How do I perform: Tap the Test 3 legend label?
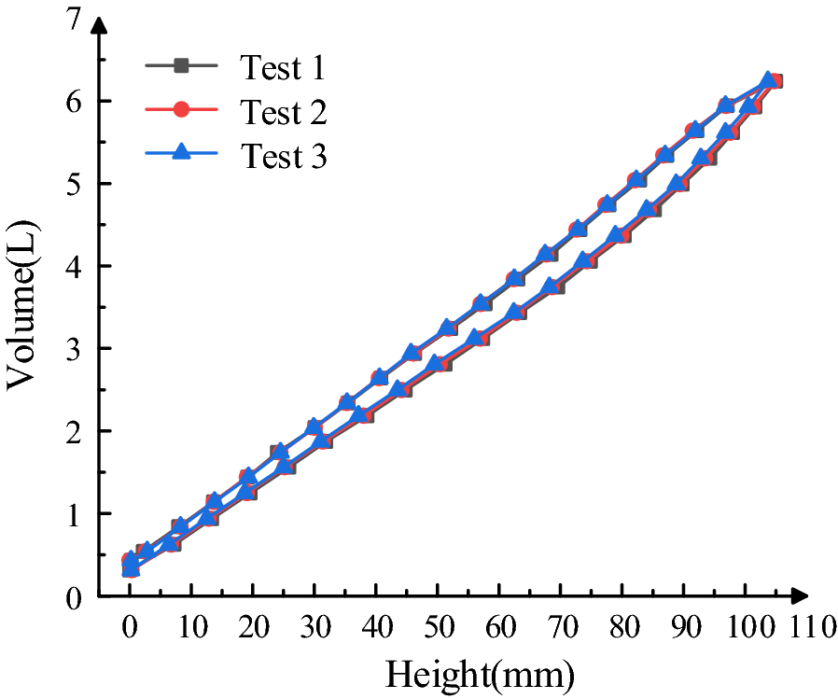point(284,156)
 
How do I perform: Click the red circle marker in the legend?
point(182,110)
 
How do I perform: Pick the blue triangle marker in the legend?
point(182,154)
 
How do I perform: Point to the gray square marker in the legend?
point(182,65)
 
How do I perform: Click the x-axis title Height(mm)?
point(480,672)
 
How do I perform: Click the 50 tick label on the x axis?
point(438,626)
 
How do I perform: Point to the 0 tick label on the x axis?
point(131,626)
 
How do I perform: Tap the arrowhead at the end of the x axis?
point(798,595)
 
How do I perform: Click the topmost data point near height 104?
point(768,80)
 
